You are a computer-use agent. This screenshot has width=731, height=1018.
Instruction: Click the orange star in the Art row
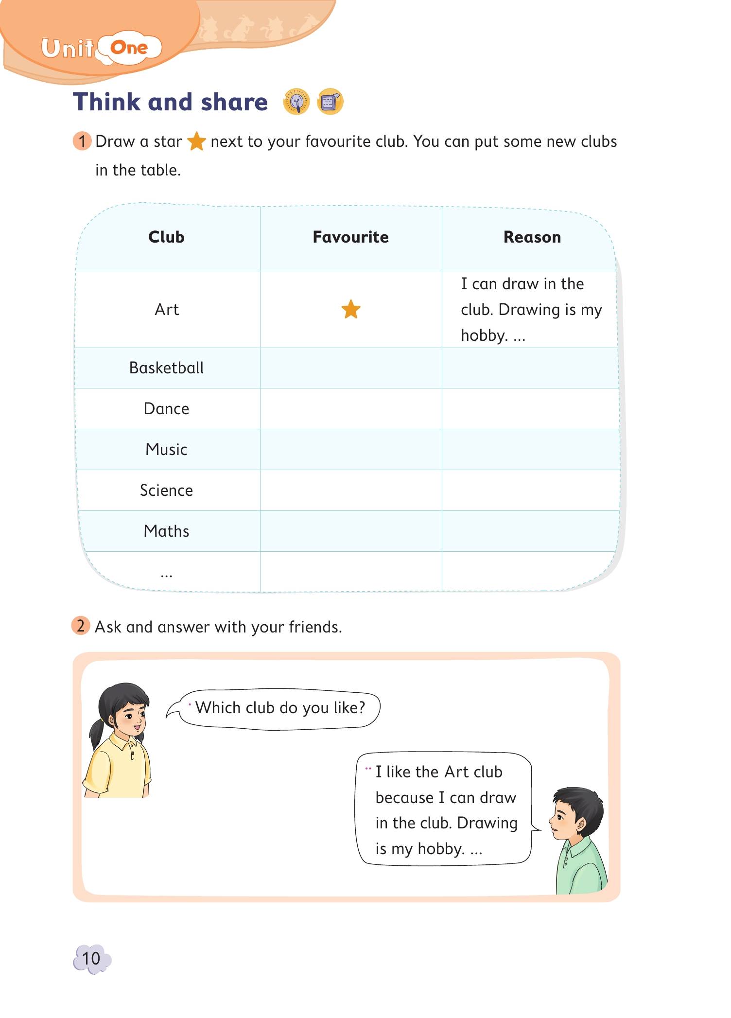[350, 309]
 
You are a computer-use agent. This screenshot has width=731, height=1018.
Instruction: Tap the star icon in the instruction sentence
[196, 141]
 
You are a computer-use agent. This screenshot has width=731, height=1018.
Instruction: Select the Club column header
[166, 237]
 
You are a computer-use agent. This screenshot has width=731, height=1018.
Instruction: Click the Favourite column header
[350, 237]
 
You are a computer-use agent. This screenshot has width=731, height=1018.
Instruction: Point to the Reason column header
[532, 237]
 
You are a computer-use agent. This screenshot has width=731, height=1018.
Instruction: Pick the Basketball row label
[166, 368]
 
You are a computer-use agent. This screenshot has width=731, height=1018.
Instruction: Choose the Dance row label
[166, 408]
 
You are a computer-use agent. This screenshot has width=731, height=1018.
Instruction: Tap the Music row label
[166, 449]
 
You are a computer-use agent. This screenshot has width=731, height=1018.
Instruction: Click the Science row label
[166, 490]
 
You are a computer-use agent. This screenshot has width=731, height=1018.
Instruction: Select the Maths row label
[166, 531]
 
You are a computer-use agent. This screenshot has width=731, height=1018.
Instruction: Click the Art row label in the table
[167, 309]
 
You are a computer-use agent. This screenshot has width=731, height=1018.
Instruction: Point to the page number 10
[91, 958]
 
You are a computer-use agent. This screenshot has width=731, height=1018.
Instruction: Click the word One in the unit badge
[129, 48]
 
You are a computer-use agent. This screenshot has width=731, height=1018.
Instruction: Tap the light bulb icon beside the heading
[296, 102]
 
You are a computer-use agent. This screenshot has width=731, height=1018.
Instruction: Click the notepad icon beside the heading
[330, 102]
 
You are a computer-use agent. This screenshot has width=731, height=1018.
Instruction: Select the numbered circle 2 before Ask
[81, 626]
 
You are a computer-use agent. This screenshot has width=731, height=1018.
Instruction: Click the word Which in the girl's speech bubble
[218, 707]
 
